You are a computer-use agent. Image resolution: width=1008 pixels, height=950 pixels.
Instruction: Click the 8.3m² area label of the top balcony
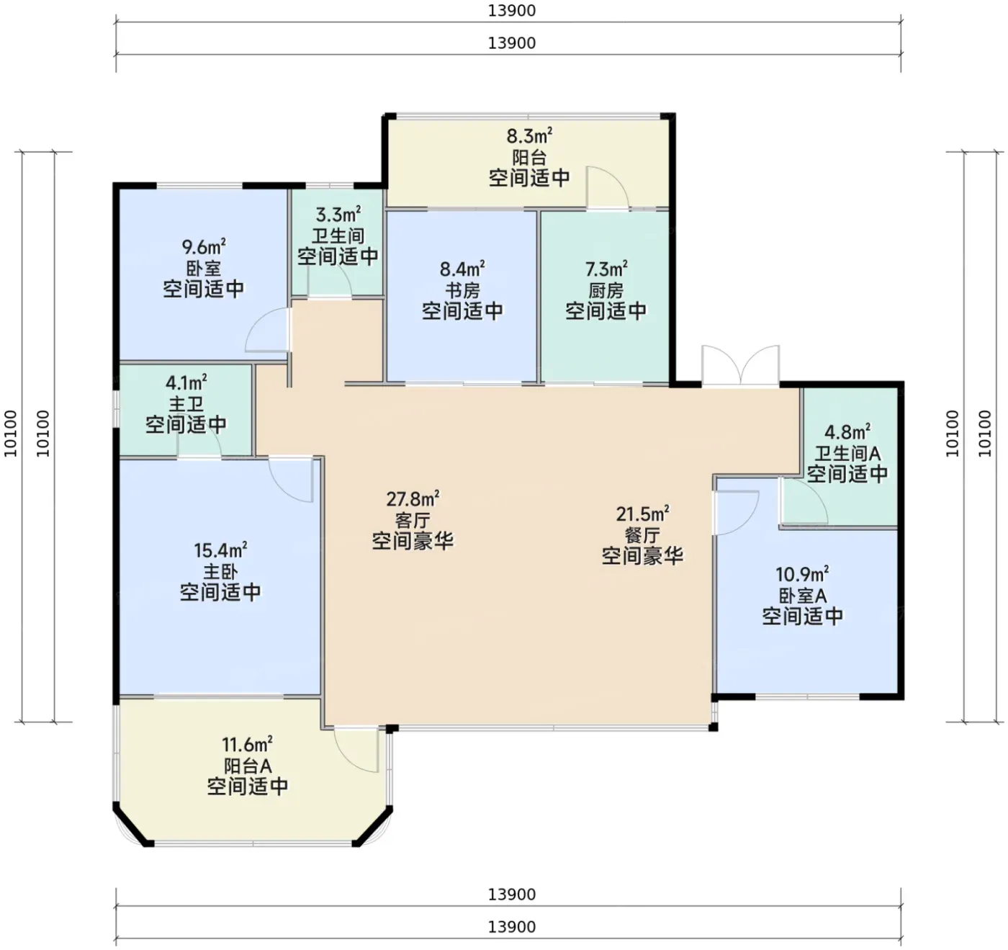529,136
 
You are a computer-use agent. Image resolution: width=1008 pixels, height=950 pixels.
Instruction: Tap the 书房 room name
462,290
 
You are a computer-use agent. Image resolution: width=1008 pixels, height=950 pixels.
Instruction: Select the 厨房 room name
606,290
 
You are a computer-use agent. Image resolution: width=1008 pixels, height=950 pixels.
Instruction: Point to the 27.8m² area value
413,498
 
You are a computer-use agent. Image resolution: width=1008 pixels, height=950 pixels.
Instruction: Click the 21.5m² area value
642,514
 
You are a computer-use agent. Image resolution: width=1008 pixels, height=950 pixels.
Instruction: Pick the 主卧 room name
220,572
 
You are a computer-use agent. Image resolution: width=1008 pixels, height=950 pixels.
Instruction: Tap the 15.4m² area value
220,550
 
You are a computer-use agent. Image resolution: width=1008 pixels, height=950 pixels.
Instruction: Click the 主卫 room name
186,404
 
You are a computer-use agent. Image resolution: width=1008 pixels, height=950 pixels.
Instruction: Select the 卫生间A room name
847,454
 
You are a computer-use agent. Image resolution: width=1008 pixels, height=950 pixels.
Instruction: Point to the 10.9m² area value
803,574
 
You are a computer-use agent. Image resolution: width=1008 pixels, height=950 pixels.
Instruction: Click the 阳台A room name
248,766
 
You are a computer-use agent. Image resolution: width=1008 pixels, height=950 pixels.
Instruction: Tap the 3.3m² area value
338,215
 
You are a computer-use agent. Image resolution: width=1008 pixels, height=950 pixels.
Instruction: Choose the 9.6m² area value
204,247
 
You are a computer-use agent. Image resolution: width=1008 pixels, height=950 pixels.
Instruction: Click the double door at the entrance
740,364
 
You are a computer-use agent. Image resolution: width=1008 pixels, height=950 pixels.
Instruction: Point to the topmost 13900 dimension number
512,11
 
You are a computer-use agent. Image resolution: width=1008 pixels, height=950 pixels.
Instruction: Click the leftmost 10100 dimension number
11,434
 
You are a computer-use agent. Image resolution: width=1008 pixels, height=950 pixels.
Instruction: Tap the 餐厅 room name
642,535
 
